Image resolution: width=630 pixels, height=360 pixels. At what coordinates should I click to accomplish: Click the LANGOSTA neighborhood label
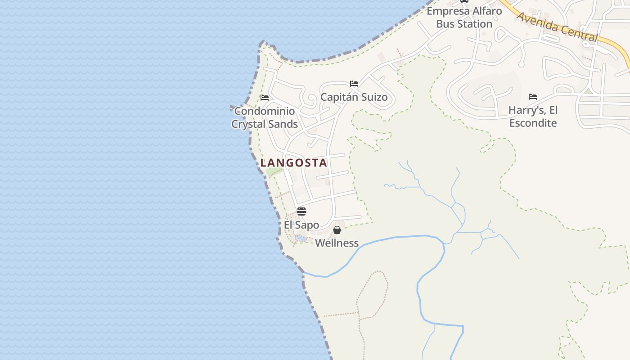(294, 163)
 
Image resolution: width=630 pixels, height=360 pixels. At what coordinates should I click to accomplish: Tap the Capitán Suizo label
(354, 97)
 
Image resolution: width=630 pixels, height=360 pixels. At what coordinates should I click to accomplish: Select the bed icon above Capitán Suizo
(354, 84)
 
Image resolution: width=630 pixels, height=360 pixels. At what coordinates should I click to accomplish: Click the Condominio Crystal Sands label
(265, 117)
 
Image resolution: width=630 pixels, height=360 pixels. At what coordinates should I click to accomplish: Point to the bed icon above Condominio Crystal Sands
(265, 98)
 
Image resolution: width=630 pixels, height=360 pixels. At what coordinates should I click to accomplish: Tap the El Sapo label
(301, 225)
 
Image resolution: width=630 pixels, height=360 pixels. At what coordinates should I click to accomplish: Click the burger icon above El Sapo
(301, 211)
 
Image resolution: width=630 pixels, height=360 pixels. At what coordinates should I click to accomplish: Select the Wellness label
(337, 243)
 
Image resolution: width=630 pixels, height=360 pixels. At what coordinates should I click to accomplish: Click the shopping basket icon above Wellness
(337, 230)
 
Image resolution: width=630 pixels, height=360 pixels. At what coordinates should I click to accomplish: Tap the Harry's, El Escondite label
(533, 117)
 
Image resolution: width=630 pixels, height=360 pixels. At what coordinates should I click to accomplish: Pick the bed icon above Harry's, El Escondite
(533, 97)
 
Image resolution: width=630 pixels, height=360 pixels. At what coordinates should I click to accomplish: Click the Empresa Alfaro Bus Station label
(464, 17)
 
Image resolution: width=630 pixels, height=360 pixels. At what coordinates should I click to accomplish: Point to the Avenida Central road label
(557, 27)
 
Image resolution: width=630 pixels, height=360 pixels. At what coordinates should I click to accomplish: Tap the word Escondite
(533, 123)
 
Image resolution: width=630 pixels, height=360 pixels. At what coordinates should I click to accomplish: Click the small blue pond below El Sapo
(301, 238)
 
